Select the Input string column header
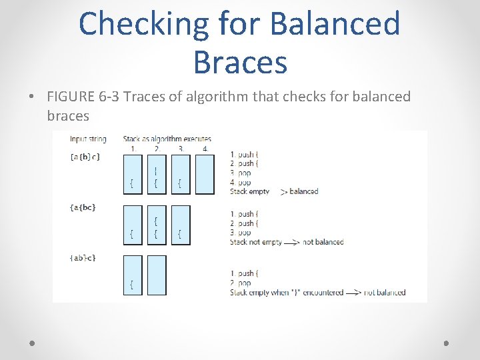88,139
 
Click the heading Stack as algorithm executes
167,139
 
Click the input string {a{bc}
83,207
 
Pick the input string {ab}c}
83,258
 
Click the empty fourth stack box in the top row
205,174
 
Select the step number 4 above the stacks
205,148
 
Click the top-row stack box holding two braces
156,174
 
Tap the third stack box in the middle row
180,225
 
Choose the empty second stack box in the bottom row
156,275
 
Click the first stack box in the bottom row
132,275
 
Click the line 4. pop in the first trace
241,182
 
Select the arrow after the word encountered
354,292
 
